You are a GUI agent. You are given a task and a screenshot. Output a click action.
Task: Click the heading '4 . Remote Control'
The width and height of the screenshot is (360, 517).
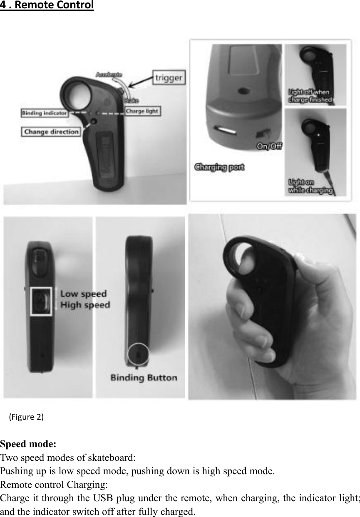coord(47,6)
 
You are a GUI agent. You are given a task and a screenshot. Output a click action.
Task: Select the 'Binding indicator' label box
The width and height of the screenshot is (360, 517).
coord(44,112)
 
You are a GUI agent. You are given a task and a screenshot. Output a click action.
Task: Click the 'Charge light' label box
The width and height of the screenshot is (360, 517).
coord(142,111)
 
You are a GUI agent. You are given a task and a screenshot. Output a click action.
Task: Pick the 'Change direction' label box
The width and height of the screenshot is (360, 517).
coord(51,132)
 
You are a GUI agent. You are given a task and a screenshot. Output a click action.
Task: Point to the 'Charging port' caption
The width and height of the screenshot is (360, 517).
coord(220,168)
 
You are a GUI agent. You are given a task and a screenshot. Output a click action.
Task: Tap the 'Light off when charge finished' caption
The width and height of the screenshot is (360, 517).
coord(310,96)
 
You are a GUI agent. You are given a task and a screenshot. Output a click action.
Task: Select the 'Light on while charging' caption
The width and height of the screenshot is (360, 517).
coord(310,186)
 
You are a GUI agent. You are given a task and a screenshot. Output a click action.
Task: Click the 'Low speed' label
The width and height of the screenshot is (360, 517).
coord(83,294)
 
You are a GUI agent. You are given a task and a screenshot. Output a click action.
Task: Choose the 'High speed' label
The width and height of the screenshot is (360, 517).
coord(85,305)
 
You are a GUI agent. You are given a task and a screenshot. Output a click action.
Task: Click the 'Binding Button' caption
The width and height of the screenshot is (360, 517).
coord(144,378)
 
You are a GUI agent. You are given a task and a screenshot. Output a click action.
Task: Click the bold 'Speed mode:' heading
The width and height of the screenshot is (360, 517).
coord(28,444)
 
